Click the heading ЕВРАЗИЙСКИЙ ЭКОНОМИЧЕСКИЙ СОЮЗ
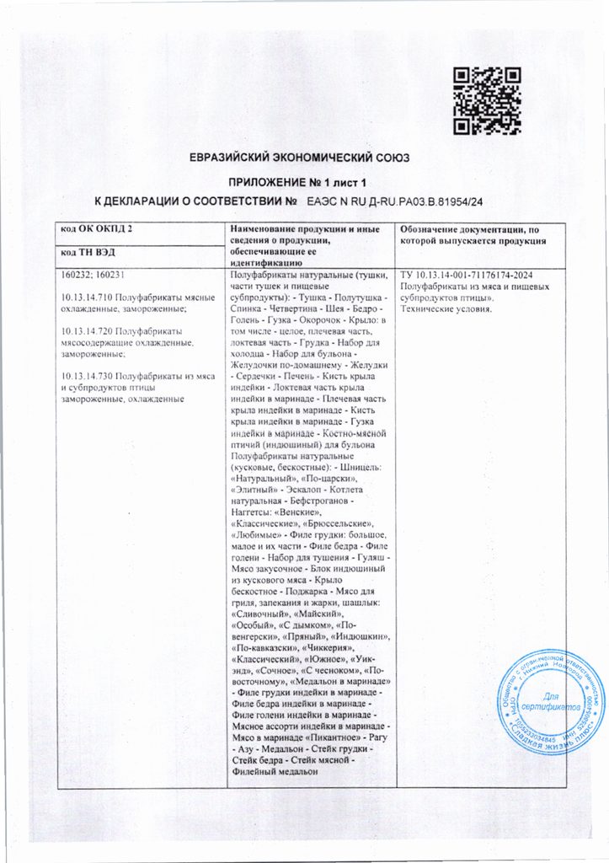point(303,157)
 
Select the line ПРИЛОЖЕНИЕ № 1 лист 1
point(303,182)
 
